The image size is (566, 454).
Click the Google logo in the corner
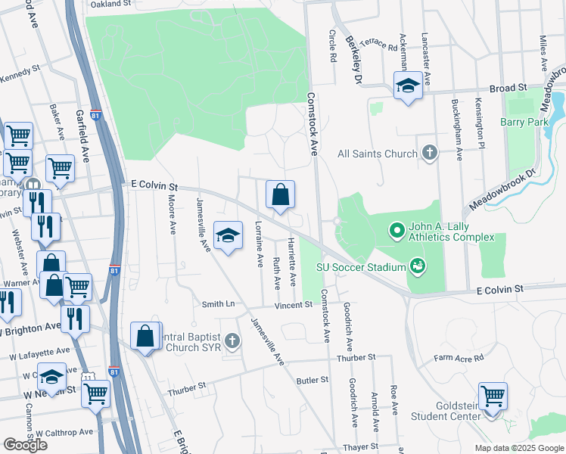[x=25, y=444]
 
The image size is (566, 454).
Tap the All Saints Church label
[x=377, y=154]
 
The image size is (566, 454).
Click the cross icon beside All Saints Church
[x=430, y=154]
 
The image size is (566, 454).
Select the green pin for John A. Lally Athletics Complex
[x=396, y=229]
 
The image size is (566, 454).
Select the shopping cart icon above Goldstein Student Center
[x=493, y=395]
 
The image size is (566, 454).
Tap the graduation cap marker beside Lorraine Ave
[x=228, y=235]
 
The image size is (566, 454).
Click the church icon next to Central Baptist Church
[x=233, y=342]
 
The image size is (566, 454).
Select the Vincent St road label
[x=293, y=305]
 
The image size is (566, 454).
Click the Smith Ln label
[x=218, y=304]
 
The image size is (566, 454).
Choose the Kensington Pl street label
[x=479, y=122]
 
